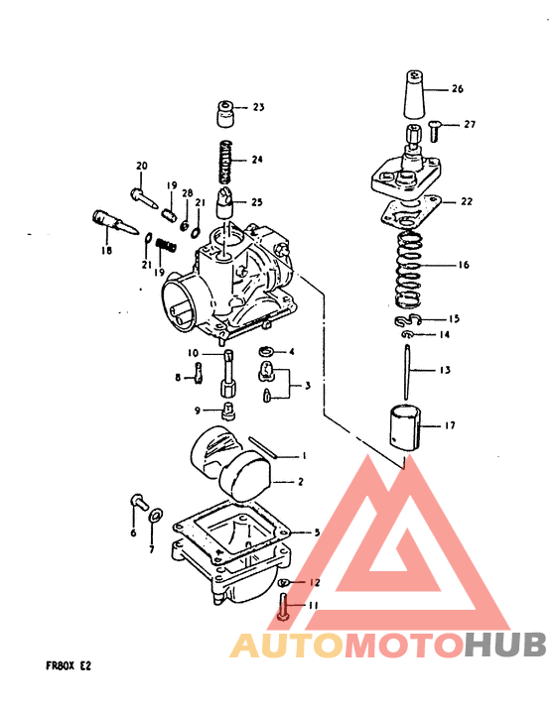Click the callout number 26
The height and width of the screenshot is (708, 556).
pyautogui.click(x=457, y=89)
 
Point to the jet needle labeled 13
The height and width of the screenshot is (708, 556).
pyautogui.click(x=409, y=370)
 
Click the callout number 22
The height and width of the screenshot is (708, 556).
pyautogui.click(x=466, y=201)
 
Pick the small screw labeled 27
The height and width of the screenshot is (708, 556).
pyautogui.click(x=441, y=126)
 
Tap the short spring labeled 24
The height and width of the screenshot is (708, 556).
pyautogui.click(x=225, y=159)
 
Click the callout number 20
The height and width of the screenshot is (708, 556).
pyautogui.click(x=141, y=165)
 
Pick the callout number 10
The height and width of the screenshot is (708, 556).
pyautogui.click(x=194, y=353)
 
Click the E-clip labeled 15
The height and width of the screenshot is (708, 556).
pyautogui.click(x=406, y=321)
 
